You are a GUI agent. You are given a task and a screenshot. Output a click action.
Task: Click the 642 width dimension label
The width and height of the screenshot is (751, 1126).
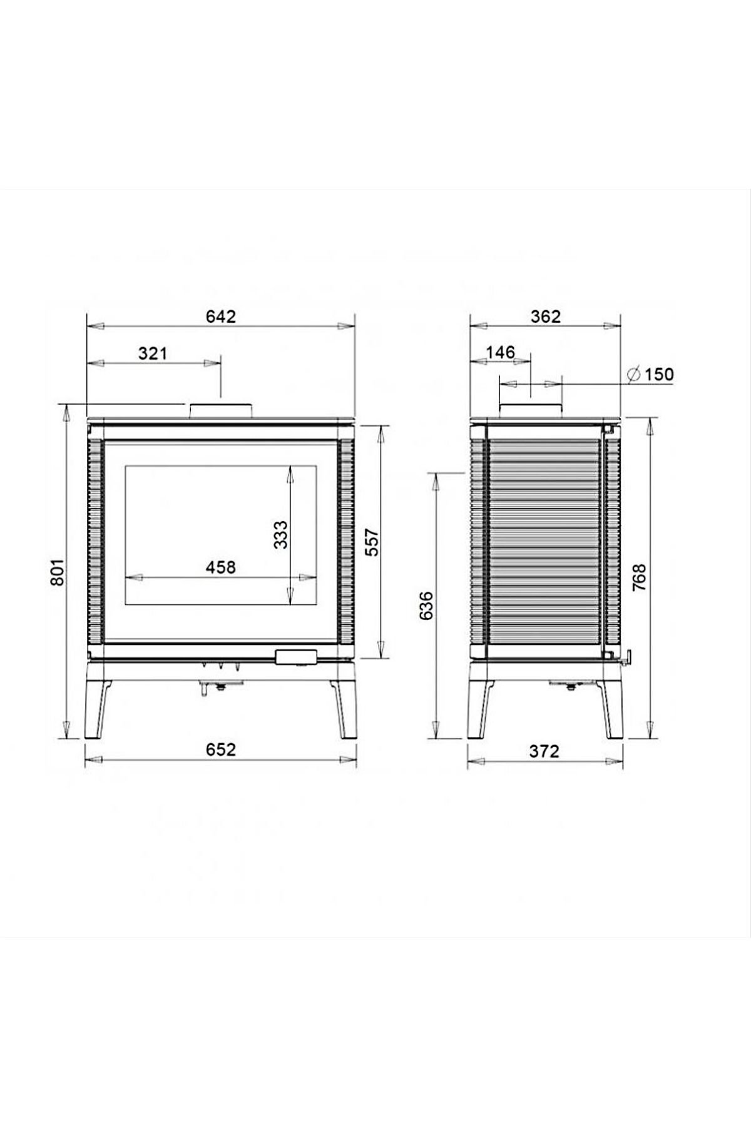(221, 317)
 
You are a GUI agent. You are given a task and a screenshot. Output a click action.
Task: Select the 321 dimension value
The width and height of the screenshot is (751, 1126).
(153, 353)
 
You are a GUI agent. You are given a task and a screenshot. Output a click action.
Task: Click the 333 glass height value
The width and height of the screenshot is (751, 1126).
(281, 535)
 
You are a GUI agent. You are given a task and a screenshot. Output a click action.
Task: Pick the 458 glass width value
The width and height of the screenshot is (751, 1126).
(222, 567)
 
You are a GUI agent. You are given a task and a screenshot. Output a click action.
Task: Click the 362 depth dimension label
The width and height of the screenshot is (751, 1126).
(546, 317)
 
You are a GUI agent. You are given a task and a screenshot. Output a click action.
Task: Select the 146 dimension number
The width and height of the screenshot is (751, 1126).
(501, 352)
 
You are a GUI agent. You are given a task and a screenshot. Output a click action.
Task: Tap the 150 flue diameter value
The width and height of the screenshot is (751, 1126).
(659, 375)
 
